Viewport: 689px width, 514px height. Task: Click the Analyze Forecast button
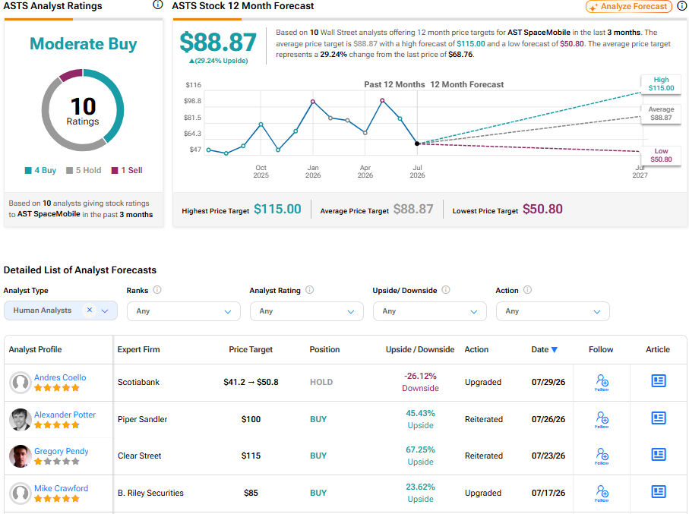[x=629, y=7]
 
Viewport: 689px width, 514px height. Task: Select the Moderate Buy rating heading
[x=83, y=43]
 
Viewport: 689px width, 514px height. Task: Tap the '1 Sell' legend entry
[x=127, y=170]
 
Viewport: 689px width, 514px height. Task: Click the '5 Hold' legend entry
[x=84, y=170]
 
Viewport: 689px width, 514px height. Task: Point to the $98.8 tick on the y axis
[x=192, y=101]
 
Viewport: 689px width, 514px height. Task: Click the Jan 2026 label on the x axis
[x=313, y=172]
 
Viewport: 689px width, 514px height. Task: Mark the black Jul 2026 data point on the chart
[x=417, y=143]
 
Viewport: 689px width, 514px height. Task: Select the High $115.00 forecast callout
[x=661, y=84]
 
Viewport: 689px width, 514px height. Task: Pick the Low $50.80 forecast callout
[x=661, y=155]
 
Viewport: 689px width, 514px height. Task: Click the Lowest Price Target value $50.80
[x=542, y=209]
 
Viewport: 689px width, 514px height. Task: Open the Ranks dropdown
[x=184, y=311]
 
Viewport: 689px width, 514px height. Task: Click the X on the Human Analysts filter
[x=89, y=310]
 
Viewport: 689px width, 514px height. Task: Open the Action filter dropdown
[x=552, y=311]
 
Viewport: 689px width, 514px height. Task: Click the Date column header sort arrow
[x=555, y=350]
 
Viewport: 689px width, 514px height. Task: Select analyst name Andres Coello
[x=60, y=377]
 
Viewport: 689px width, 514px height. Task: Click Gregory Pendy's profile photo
[x=21, y=456]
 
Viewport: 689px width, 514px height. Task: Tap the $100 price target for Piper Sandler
[x=251, y=419]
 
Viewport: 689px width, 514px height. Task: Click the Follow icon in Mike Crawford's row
[x=602, y=493]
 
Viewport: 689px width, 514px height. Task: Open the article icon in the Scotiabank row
[x=659, y=381]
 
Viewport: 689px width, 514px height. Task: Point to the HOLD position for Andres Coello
[x=321, y=382]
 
